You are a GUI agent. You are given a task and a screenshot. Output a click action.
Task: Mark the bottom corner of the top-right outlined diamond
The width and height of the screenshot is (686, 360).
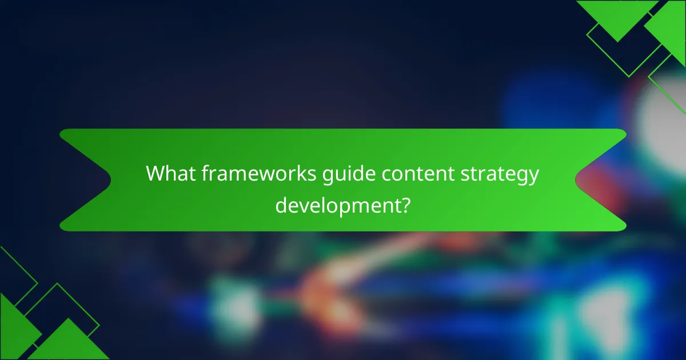click(629, 77)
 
